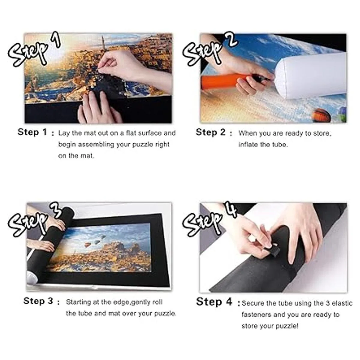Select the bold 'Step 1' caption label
pyautogui.click(x=32, y=132)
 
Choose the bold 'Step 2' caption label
pyautogui.click(x=211, y=133)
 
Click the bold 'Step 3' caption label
pyautogui.click(x=38, y=301)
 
